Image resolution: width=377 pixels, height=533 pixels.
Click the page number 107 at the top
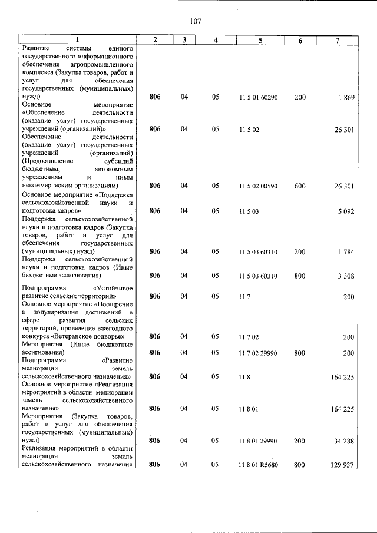(x=196, y=21)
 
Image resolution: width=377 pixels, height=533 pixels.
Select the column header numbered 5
(x=259, y=39)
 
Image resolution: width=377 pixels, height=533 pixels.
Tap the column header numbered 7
(x=337, y=39)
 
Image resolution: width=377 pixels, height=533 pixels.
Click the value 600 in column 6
(x=300, y=186)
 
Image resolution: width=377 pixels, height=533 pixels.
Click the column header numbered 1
(x=78, y=39)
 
